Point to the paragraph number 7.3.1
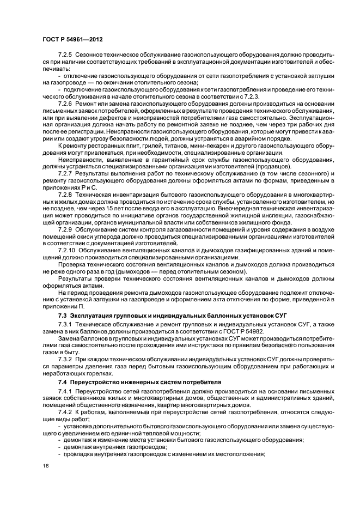[x=65, y=325]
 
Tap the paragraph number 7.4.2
[x=65, y=414]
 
